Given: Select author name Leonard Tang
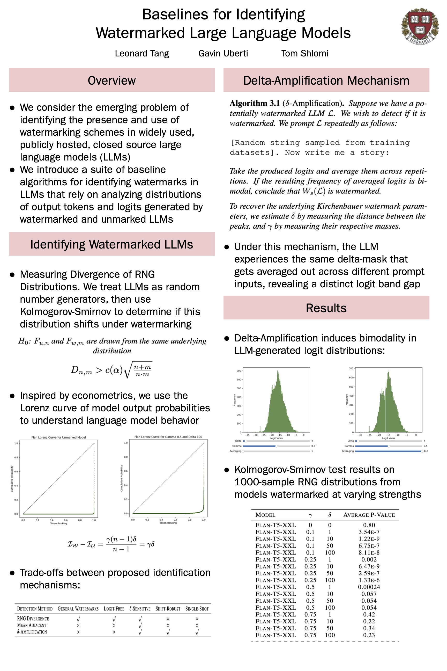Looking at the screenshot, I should pos(142,53).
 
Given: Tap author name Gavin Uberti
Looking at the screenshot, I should pos(223,53).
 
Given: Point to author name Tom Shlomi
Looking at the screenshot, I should pos(304,53).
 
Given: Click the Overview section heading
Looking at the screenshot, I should pos(111,81).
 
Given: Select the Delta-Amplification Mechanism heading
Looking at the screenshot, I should pos(326,81).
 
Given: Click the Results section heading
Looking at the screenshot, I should pos(326,308).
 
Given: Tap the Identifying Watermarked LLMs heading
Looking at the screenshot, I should pos(111,244).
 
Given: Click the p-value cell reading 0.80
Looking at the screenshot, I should pos(369,525).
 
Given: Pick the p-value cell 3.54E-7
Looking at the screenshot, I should pos(369,532).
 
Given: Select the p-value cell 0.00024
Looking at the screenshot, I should pos(369,587).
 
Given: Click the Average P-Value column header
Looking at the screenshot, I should pos(369,515).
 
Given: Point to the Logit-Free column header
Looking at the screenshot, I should pos(114,609).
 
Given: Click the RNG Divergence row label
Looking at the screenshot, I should pos(33,618).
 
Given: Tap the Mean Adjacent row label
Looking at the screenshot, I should pos(32,625).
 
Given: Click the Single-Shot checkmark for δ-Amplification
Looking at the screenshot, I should pos(197,632).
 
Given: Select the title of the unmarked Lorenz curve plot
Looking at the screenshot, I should pos(58,437).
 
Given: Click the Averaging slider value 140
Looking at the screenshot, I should pos(426,451).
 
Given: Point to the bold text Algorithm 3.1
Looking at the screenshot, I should pos(255,103).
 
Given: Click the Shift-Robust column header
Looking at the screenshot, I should pos(168,609).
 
